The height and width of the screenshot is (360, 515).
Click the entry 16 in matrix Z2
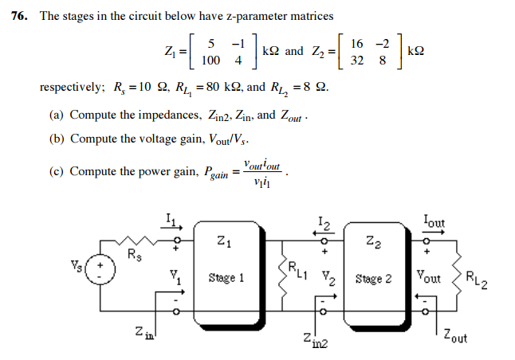click(x=356, y=43)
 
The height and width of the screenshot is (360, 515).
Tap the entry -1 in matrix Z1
click(x=236, y=43)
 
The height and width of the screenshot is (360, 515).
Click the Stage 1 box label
click(x=226, y=278)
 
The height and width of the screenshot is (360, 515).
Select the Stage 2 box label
click(x=374, y=279)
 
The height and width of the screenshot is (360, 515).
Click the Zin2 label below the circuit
click(x=313, y=340)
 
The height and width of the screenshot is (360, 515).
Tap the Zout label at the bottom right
click(x=458, y=335)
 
